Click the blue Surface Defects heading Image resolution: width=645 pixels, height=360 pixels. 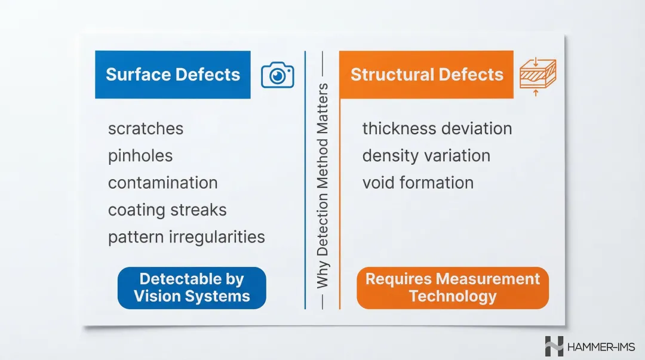point(173,75)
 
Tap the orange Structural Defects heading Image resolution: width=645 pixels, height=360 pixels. point(426,75)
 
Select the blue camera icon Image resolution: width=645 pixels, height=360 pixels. point(278,75)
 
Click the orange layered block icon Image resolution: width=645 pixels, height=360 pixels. point(537,76)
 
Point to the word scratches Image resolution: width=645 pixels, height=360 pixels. point(146,128)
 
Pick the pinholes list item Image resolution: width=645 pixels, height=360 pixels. point(140,156)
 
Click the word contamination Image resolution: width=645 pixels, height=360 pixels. point(162,183)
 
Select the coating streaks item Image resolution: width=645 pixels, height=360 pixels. point(167,210)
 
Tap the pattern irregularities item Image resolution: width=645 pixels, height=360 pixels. point(186,237)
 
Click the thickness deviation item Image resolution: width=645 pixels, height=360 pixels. point(437,128)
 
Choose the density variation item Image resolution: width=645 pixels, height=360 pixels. point(426,156)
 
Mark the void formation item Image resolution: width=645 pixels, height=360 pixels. point(417,183)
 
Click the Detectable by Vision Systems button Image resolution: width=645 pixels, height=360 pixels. point(192,288)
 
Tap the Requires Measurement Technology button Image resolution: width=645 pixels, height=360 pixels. point(452,288)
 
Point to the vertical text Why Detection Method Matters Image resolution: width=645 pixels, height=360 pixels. point(322,185)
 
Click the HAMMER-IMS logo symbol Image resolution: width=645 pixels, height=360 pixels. point(554,346)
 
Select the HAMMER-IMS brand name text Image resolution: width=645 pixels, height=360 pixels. point(601,346)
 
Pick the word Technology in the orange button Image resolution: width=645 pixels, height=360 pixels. point(452,296)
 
